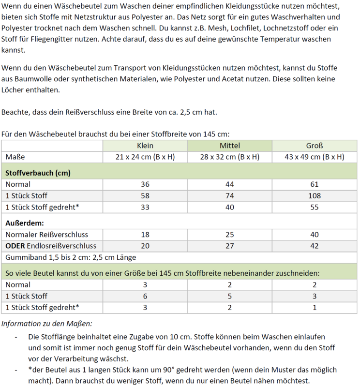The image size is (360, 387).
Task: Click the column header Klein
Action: (x=145, y=146)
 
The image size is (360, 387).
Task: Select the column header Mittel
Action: (x=230, y=146)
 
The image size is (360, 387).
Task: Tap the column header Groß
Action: (x=315, y=146)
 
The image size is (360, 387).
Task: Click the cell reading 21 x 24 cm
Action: (x=145, y=157)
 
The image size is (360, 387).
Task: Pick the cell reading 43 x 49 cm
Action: (x=315, y=157)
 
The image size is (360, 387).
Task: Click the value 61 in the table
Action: (x=315, y=184)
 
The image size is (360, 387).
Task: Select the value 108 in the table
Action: (x=315, y=196)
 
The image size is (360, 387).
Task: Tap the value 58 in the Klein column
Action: (x=145, y=196)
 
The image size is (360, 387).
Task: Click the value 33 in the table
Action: (x=145, y=208)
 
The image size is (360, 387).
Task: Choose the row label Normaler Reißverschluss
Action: (x=47, y=234)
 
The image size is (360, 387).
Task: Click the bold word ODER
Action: (x=15, y=246)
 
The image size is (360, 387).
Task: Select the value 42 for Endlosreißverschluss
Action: (x=315, y=246)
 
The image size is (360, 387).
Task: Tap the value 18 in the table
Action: (x=145, y=234)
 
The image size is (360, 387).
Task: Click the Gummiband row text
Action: (x=71, y=257)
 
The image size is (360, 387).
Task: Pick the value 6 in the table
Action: (x=145, y=296)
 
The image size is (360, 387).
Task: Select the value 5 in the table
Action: (x=230, y=296)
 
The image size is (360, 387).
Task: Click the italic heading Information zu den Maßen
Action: (x=47, y=323)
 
